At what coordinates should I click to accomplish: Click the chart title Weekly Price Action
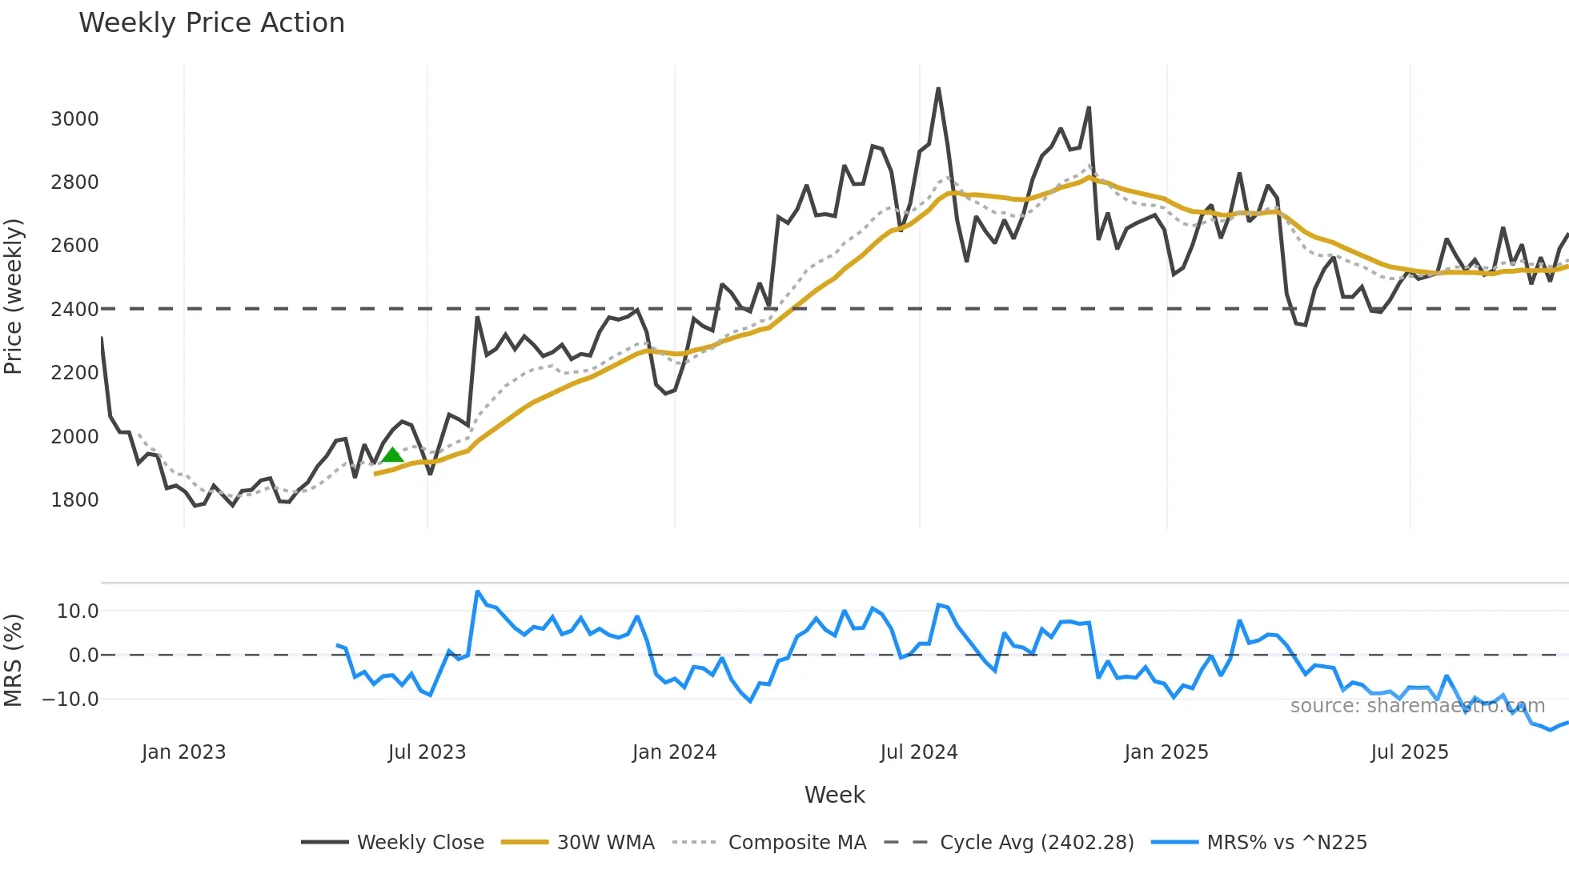point(211,23)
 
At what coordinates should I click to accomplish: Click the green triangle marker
point(392,455)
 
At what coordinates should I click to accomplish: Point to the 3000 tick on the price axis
point(74,119)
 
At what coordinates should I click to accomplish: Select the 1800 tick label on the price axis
point(74,500)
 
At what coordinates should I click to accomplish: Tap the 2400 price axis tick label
point(74,310)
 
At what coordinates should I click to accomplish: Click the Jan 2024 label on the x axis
point(674,752)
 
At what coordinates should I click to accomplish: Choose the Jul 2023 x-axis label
point(427,752)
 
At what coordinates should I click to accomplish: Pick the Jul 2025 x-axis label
point(1409,752)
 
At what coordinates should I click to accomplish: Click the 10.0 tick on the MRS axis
point(78,611)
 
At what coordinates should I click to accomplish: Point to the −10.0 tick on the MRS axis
point(70,700)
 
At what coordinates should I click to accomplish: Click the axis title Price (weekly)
point(14,296)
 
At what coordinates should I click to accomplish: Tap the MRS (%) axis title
point(14,660)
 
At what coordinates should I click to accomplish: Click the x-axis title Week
point(834,795)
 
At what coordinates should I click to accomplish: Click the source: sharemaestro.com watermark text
point(1417,706)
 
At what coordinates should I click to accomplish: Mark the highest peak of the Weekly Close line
point(938,89)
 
